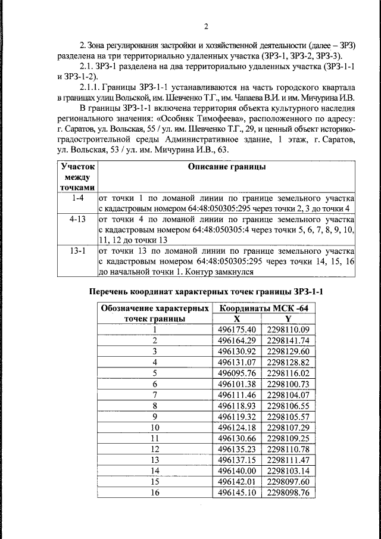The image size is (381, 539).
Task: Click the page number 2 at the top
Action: [x=205, y=26]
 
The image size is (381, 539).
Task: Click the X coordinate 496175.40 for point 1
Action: [x=236, y=329]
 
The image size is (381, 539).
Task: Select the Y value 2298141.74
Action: [x=289, y=340]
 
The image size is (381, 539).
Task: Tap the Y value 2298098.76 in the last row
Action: [x=289, y=493]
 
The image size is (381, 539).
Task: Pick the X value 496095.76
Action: [x=236, y=373]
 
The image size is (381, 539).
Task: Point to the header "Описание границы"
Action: [x=227, y=167]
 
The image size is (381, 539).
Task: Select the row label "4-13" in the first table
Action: [x=77, y=219]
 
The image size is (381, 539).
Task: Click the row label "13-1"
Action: [x=77, y=251]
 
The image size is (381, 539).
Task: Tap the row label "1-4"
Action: [x=77, y=197]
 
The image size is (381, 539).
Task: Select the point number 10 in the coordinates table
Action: [x=155, y=427]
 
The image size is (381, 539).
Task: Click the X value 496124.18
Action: [x=236, y=427]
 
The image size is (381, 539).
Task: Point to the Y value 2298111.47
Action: [x=289, y=460]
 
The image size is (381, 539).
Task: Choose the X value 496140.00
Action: [x=236, y=471]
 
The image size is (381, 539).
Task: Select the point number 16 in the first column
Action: [x=155, y=493]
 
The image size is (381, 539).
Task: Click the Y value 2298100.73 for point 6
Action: [x=289, y=384]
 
